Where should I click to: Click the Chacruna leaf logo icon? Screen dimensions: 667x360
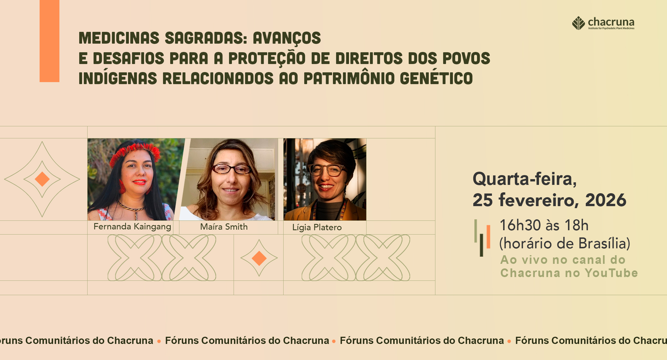point(578,23)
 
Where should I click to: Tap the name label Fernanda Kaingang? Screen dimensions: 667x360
point(132,227)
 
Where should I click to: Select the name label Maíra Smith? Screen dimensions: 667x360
point(224,227)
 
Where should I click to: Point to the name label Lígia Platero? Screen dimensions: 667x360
point(317,227)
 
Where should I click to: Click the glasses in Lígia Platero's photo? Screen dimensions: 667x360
point(327,170)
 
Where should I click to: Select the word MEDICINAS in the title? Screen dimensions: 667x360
point(119,38)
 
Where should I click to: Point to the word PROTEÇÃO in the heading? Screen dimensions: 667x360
point(267,58)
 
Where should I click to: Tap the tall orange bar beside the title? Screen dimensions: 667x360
point(49,41)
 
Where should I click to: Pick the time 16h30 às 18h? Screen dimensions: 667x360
point(544,225)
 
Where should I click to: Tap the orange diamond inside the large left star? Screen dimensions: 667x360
point(42,179)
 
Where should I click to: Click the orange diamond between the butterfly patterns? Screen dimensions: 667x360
point(259,258)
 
